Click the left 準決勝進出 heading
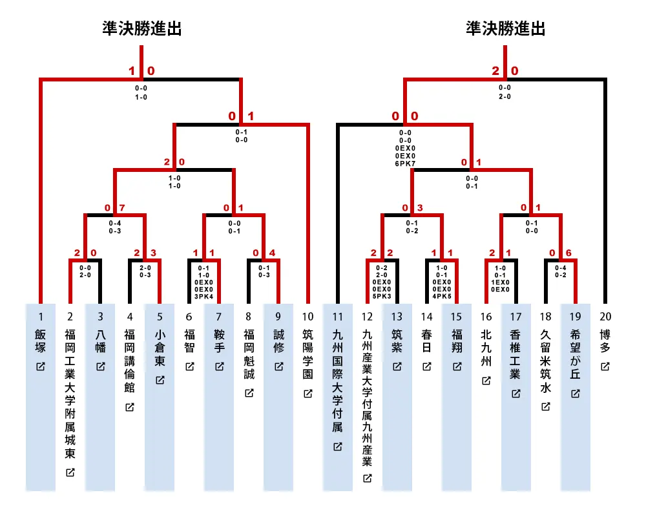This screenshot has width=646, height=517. click(x=142, y=28)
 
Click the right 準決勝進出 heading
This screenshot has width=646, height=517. click(x=506, y=28)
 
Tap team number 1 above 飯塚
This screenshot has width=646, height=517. click(x=40, y=317)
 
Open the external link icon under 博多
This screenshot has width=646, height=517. click(x=605, y=366)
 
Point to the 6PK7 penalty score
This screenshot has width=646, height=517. click(x=405, y=164)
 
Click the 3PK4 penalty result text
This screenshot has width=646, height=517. click(x=203, y=297)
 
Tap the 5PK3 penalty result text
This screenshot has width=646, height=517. click(x=382, y=296)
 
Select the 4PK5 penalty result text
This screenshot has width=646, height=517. click(x=442, y=296)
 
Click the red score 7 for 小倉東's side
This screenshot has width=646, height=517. click(x=122, y=207)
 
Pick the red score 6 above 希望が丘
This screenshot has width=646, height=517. click(x=568, y=253)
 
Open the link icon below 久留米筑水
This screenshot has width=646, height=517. click(x=545, y=406)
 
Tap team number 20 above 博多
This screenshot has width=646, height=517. click(x=605, y=317)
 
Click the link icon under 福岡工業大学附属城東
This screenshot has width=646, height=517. click(x=70, y=472)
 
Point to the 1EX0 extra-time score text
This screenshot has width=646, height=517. click(x=500, y=282)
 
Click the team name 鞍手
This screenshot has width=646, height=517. click(x=219, y=341)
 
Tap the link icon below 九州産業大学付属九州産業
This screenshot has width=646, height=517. click(x=367, y=478)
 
